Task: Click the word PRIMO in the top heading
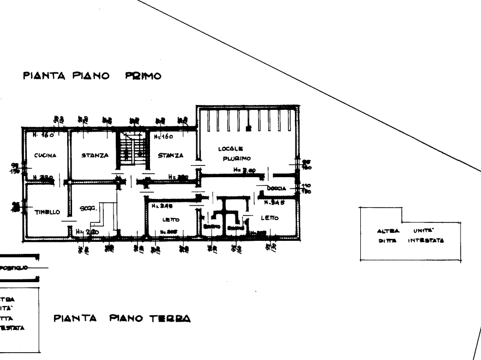pyautogui.click(x=143, y=76)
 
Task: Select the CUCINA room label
pyautogui.click(x=45, y=156)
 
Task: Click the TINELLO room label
pyautogui.click(x=47, y=212)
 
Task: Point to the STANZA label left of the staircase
pyautogui.click(x=95, y=156)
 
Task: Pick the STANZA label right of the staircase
pyautogui.click(x=170, y=156)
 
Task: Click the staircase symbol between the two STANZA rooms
pyautogui.click(x=133, y=149)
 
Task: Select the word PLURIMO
pyautogui.click(x=237, y=159)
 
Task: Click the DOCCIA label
pyautogui.click(x=276, y=188)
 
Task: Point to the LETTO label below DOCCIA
pyautogui.click(x=269, y=218)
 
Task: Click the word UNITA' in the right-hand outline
pyautogui.click(x=422, y=231)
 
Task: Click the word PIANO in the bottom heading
pyautogui.click(x=126, y=319)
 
